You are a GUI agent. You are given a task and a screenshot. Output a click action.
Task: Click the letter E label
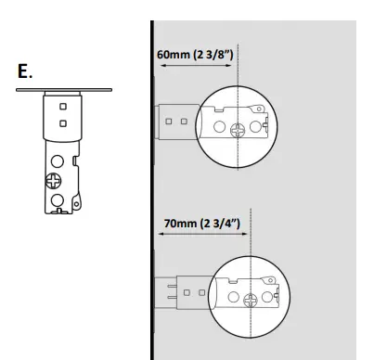pyautogui.click(x=25, y=71)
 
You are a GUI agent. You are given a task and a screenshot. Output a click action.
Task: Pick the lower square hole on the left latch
pyautogui.click(x=62, y=122)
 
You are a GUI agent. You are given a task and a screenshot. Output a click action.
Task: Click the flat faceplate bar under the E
pyautogui.click(x=64, y=90)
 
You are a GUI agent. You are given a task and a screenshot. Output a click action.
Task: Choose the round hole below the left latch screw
pyautogui.click(x=57, y=198)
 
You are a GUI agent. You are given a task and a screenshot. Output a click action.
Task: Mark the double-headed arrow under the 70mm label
pyautogui.click(x=201, y=236)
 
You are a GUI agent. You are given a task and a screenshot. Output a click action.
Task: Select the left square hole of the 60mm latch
pyautogui.click(x=169, y=121)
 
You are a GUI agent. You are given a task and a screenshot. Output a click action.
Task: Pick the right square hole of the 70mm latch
pyautogui.click(x=200, y=290)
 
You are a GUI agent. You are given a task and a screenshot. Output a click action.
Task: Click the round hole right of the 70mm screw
pyautogui.click(x=276, y=296)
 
